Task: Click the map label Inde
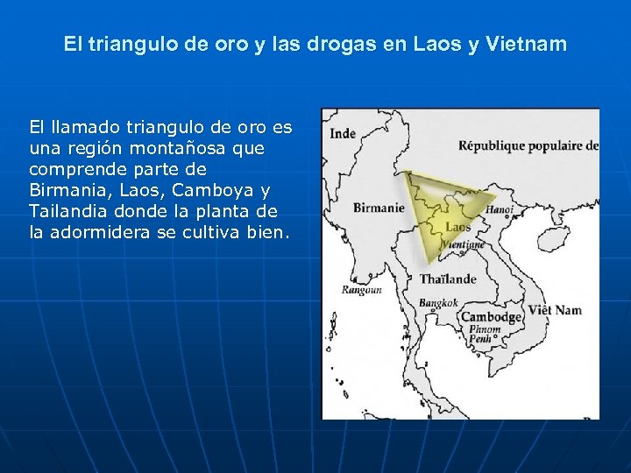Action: (343, 134)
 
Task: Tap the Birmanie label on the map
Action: (378, 208)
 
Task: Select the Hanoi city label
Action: (499, 210)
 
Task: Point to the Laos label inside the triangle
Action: (458, 227)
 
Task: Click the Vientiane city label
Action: (464, 245)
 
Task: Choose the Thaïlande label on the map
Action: (448, 279)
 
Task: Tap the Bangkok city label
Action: (439, 302)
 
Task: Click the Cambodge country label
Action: (492, 317)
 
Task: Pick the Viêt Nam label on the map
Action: (554, 310)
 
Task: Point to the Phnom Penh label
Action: (484, 335)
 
